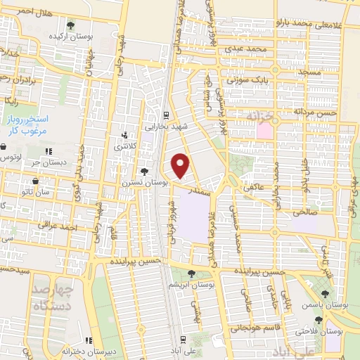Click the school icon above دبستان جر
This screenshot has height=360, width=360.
pos(49,151)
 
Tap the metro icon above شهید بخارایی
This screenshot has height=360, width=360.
pos(165,116)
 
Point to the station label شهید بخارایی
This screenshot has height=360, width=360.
pos(163,127)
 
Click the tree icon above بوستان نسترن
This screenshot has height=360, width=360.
pos(144,171)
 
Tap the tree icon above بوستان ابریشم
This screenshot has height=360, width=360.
pos(192,273)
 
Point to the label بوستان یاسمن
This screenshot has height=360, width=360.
pos(328,306)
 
